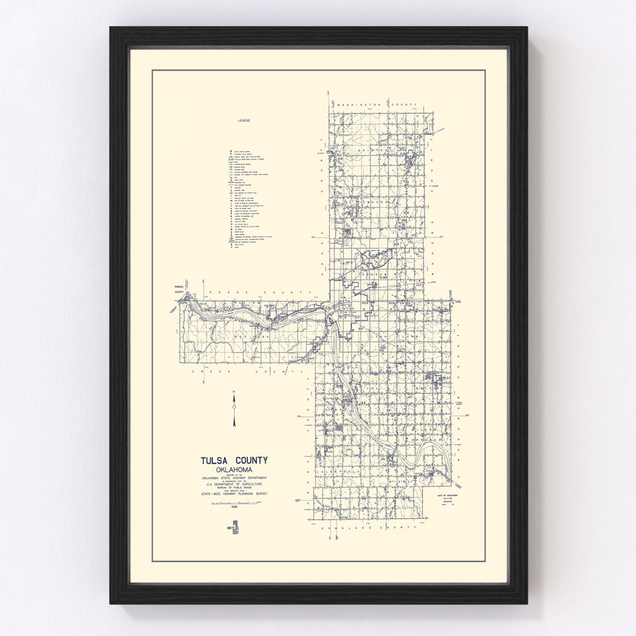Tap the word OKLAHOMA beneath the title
click(x=235, y=469)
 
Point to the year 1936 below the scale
click(x=235, y=506)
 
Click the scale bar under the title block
click(x=235, y=502)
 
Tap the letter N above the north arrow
click(x=234, y=391)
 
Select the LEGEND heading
click(x=244, y=120)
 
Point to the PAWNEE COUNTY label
click(x=180, y=289)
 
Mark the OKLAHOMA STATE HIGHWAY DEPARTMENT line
click(x=235, y=478)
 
